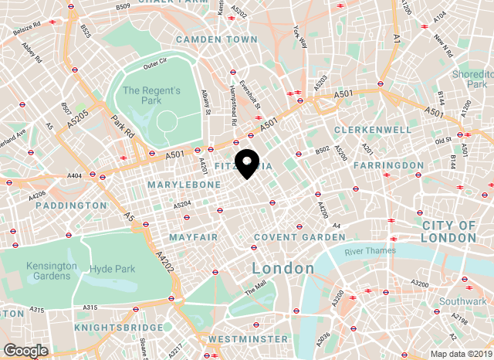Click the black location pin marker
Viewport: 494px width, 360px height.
[247, 163]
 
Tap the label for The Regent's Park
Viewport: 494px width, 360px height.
[151, 97]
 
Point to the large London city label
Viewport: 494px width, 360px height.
[283, 268]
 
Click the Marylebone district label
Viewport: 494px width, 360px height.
[179, 185]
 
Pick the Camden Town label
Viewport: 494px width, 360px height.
[216, 39]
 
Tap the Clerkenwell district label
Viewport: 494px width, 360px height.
[374, 130]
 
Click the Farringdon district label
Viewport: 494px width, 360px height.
[387, 165]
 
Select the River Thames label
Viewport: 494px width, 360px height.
[370, 250]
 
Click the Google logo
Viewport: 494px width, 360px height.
[25, 350]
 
